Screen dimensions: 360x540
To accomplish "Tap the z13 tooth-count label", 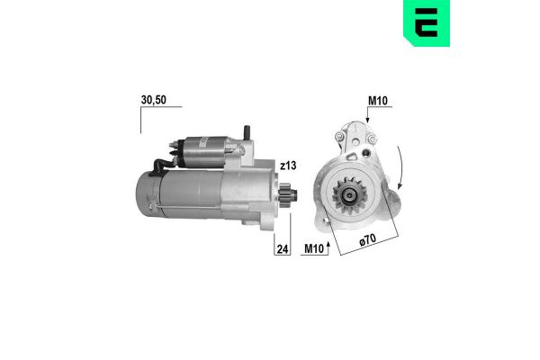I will [288, 166].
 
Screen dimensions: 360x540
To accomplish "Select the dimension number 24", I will [282, 248].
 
